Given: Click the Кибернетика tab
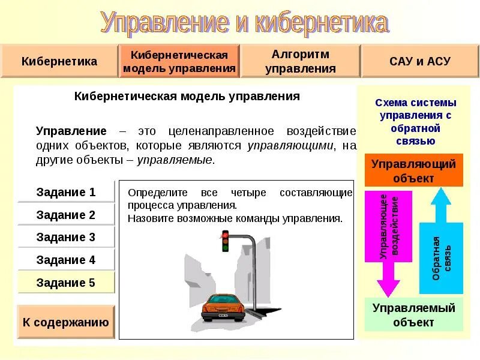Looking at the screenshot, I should click(59, 61).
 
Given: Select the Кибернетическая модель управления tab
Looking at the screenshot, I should click(179, 61).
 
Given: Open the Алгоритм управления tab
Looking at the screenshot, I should click(300, 61).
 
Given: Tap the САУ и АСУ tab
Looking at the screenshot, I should click(419, 61).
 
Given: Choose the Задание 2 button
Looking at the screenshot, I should click(66, 215).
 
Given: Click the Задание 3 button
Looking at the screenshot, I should click(66, 237).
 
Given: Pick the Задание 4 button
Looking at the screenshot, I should click(66, 260).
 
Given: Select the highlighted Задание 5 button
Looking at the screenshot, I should click(66, 283).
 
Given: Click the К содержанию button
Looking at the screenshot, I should click(66, 322).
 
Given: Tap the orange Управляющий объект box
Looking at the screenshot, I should click(414, 170).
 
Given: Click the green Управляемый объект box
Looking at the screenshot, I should click(414, 315).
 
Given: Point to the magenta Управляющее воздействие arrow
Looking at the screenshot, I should click(388, 240).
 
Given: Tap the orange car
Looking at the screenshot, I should click(222, 307).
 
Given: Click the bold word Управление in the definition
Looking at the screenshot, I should click(71, 131).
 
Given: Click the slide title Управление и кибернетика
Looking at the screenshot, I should click(244, 23).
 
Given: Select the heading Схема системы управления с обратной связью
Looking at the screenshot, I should click(415, 122).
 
